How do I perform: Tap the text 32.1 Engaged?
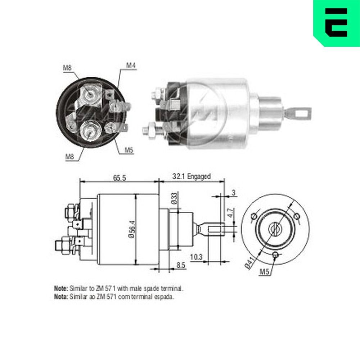click(191, 176)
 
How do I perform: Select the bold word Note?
click(60, 289)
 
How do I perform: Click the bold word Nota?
click(60, 297)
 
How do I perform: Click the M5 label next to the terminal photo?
click(129, 150)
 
